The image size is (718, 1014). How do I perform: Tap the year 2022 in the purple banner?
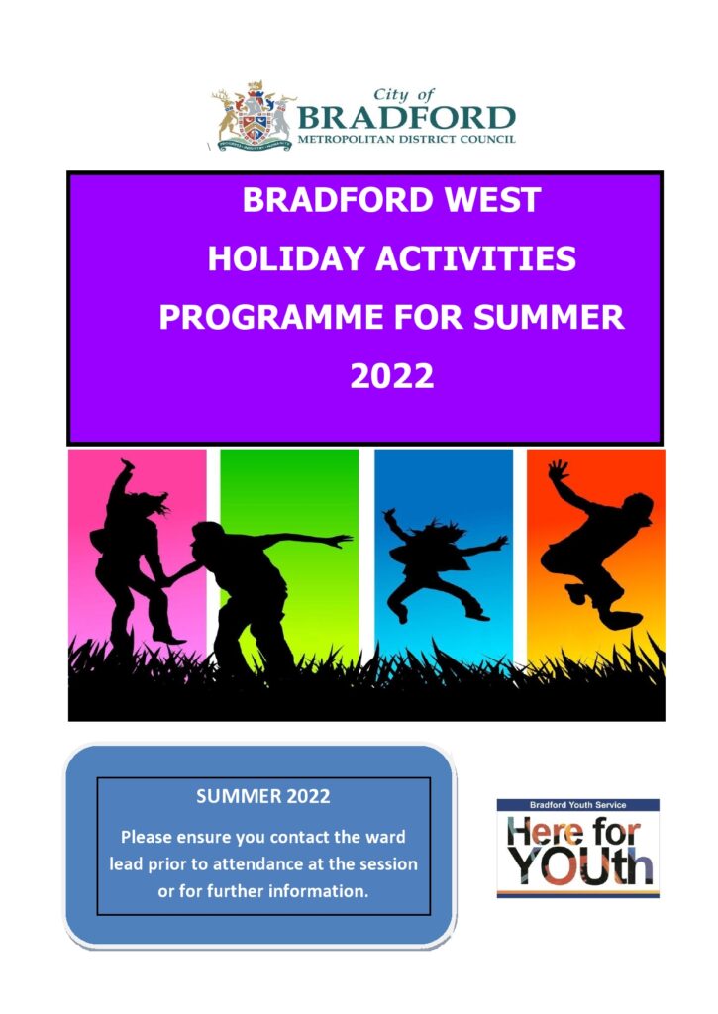pos(392,376)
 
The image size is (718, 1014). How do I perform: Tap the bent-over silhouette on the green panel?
pos(248,584)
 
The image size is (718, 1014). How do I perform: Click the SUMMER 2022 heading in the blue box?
pos(263,796)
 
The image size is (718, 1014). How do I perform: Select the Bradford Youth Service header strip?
pos(577,805)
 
